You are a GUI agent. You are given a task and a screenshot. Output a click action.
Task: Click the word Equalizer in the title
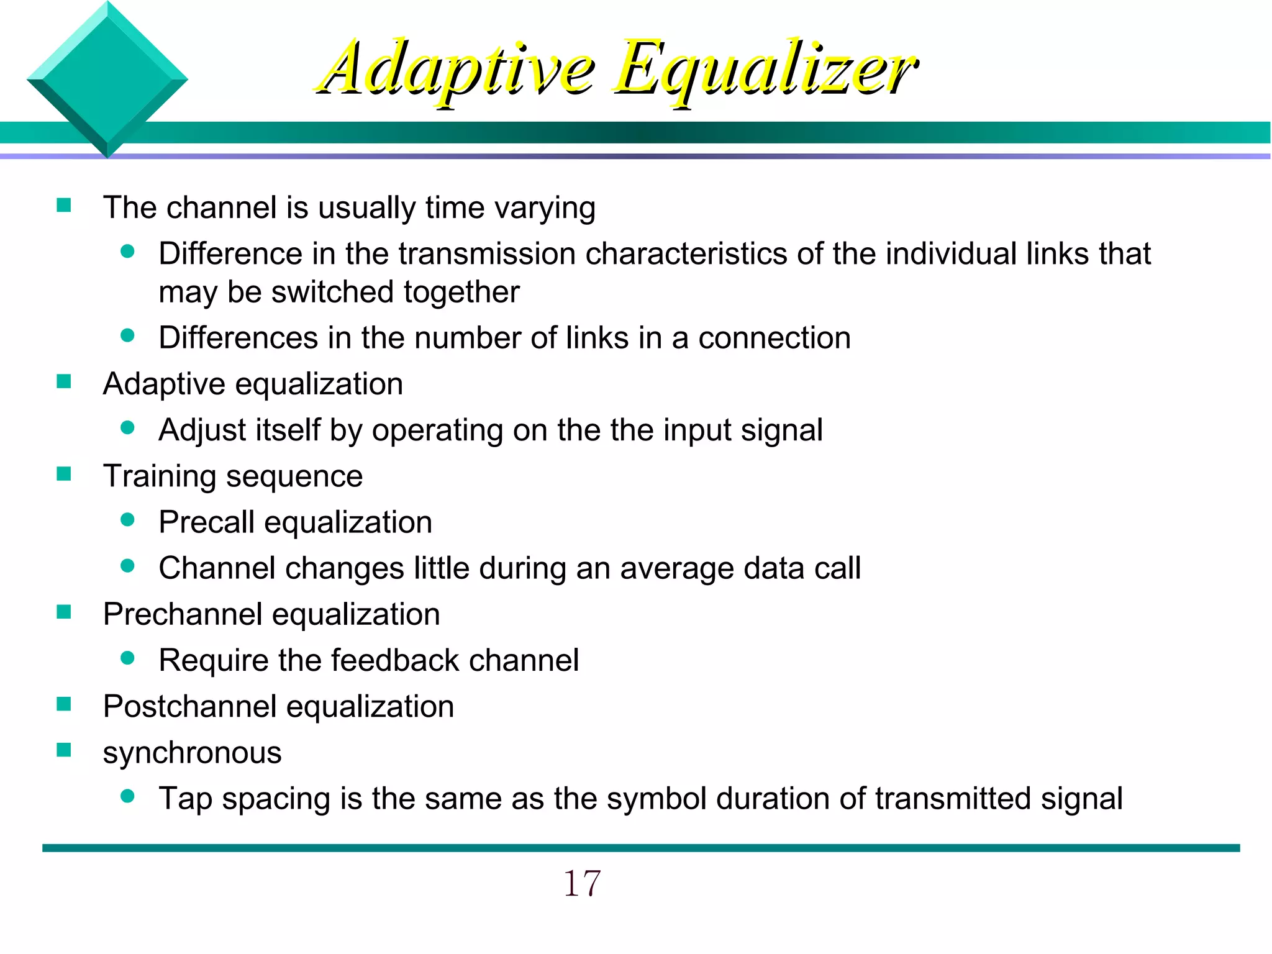tap(765, 70)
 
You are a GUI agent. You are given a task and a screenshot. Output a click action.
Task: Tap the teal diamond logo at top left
tap(107, 79)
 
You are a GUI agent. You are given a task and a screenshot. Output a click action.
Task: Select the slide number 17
tap(581, 883)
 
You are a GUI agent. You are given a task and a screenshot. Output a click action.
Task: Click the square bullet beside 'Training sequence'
tap(64, 475)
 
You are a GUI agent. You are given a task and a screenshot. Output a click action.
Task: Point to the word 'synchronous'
tap(192, 753)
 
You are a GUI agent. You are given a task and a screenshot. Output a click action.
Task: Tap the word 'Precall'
tap(206, 522)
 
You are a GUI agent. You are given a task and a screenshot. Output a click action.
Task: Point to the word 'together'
tap(461, 292)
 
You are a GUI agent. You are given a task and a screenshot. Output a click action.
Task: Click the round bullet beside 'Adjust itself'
tap(128, 428)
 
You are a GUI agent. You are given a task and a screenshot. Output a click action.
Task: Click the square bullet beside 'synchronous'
tap(64, 750)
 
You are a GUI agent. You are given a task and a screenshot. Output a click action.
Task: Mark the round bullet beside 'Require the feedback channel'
tap(128, 658)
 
